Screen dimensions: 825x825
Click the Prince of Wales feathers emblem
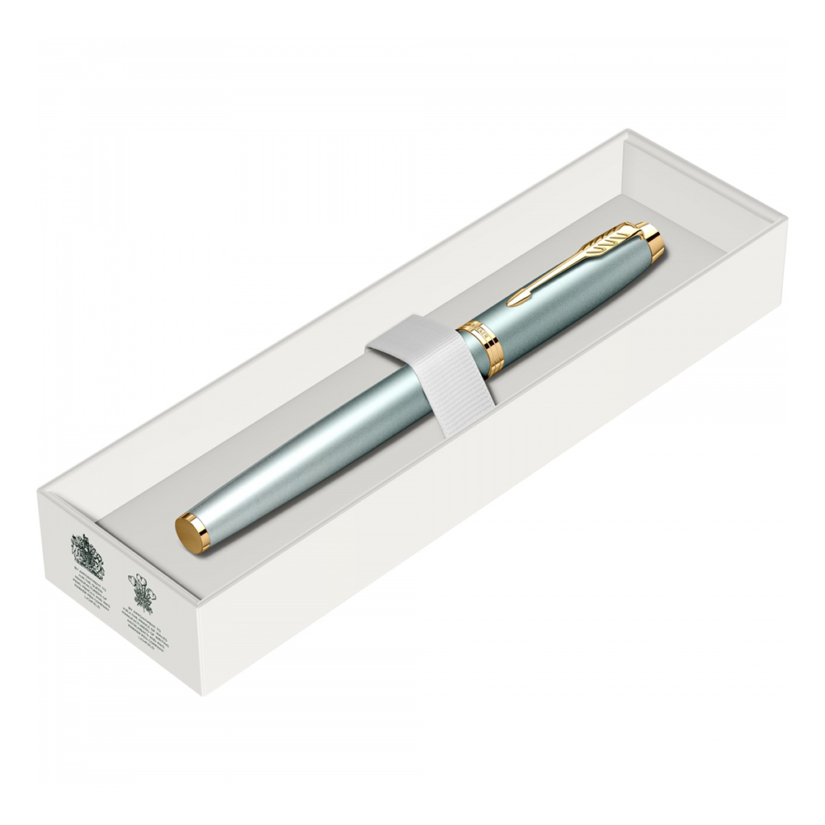pos(141,590)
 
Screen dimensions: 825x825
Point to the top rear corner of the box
pos(627,130)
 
